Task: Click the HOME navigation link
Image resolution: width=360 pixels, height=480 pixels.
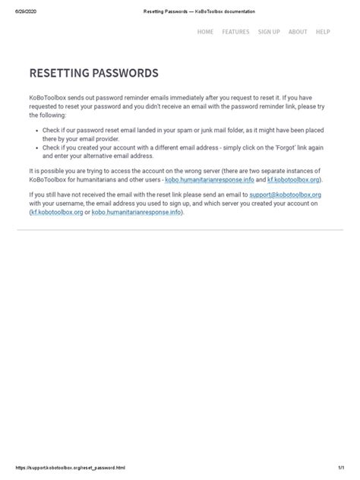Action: pyautogui.click(x=205, y=32)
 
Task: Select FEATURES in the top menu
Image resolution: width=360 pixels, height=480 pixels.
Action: pyautogui.click(x=235, y=32)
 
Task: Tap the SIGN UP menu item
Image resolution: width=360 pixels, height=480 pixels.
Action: pyautogui.click(x=269, y=32)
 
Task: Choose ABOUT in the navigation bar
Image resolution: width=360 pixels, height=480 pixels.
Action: pyautogui.click(x=298, y=32)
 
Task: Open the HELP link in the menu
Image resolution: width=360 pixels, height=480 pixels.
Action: pyautogui.click(x=323, y=32)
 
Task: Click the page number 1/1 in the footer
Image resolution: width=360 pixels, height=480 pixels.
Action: pyautogui.click(x=343, y=468)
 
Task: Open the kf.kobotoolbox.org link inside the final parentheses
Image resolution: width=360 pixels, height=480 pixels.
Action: pyautogui.click(x=58, y=212)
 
